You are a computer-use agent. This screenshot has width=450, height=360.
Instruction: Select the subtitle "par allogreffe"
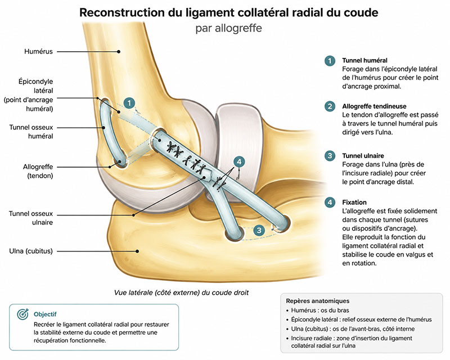(x=228, y=29)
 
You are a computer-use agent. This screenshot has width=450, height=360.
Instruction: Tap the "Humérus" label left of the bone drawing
(x=38, y=51)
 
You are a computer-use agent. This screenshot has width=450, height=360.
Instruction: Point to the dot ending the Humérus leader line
(x=119, y=52)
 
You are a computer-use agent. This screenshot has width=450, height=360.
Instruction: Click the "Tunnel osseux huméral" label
(x=31, y=132)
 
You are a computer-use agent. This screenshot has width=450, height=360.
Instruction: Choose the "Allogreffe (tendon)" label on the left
(x=38, y=171)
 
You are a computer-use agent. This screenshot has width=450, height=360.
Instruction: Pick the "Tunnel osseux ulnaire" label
(x=31, y=218)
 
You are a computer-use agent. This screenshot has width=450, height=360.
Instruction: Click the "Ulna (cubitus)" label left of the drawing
(x=31, y=251)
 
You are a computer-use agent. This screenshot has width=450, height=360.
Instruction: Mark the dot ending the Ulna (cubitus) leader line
(x=137, y=251)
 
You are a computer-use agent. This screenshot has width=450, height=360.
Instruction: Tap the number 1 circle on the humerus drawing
(x=129, y=103)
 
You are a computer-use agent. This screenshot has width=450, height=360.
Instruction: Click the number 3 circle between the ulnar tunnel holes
(x=259, y=230)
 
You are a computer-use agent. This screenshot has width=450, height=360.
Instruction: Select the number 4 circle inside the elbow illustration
(x=239, y=161)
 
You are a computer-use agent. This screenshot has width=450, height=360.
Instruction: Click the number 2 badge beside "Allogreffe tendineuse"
(x=330, y=106)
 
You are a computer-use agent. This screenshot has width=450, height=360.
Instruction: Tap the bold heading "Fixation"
(x=354, y=202)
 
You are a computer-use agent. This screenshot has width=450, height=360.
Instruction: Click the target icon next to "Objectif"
(x=22, y=314)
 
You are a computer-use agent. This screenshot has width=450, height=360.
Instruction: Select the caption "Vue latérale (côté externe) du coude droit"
(x=181, y=292)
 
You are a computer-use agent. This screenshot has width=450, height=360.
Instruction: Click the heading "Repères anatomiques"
(x=317, y=301)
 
